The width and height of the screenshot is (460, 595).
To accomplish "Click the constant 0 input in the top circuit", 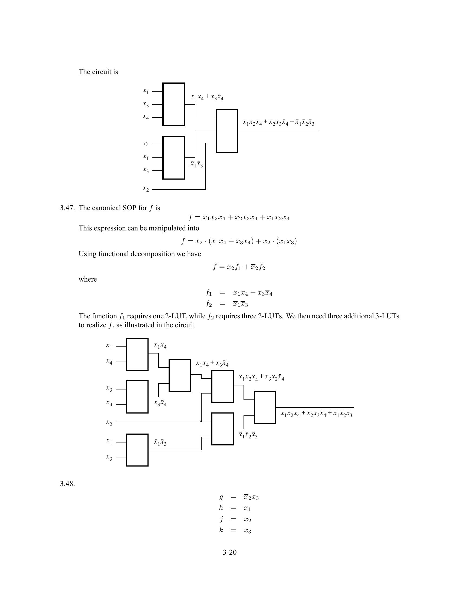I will (146, 144).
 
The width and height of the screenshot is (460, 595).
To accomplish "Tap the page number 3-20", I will (229, 552).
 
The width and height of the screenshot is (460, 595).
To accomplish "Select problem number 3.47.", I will (67, 208).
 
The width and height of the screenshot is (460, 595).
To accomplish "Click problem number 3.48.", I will (67, 484).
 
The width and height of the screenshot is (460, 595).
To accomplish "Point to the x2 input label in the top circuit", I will (146, 189).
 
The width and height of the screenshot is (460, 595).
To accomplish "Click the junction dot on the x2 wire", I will (201, 421).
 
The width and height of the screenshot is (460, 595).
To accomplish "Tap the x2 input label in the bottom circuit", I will (109, 422).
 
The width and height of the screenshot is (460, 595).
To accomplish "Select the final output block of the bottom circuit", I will (265, 408).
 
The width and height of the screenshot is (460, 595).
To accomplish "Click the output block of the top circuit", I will (227, 131).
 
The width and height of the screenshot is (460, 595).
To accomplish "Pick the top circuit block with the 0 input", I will (174, 158).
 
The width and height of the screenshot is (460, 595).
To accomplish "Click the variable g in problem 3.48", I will (221, 497).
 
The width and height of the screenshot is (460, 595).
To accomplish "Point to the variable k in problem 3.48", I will (221, 530).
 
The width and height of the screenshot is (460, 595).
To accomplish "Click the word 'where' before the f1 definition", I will (88, 280).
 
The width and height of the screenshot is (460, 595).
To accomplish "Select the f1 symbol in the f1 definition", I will (208, 293).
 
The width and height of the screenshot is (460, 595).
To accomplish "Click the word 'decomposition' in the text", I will (150, 254).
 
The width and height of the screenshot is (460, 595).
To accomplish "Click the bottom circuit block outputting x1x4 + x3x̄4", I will (180, 376).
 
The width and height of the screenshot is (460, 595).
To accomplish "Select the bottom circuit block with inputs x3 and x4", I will (137, 397).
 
